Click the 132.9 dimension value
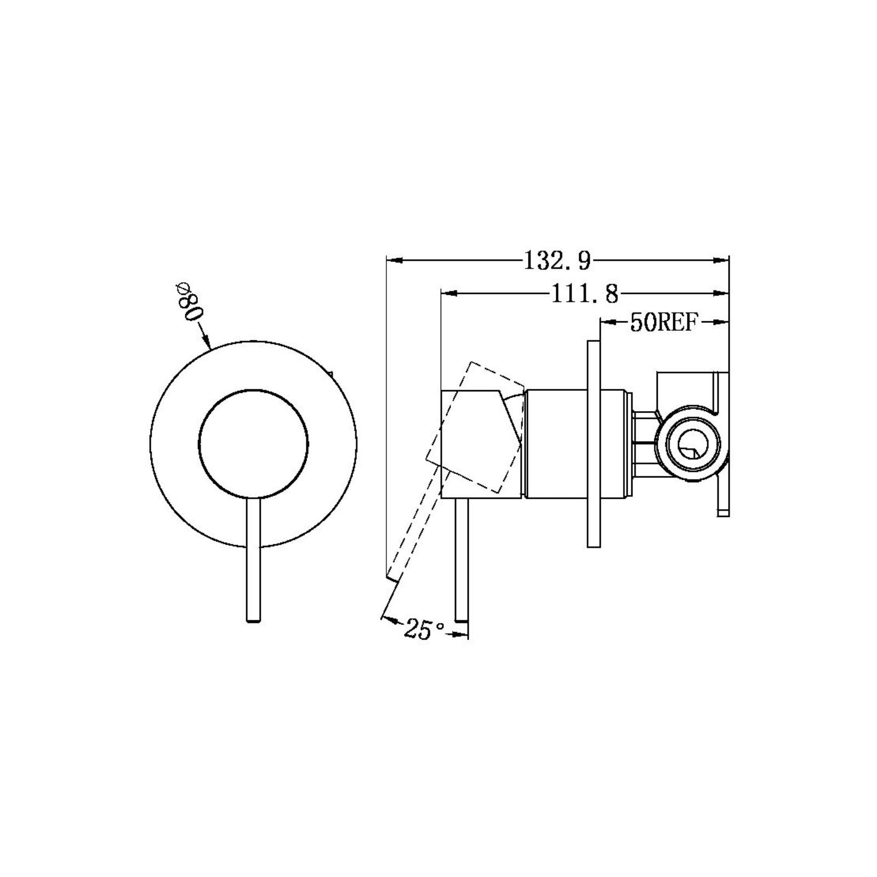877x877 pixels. [557, 260]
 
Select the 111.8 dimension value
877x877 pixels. [584, 295]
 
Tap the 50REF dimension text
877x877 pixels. [664, 323]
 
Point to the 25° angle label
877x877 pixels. [424, 630]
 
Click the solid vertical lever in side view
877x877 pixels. [460, 559]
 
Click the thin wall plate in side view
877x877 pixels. [593, 443]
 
